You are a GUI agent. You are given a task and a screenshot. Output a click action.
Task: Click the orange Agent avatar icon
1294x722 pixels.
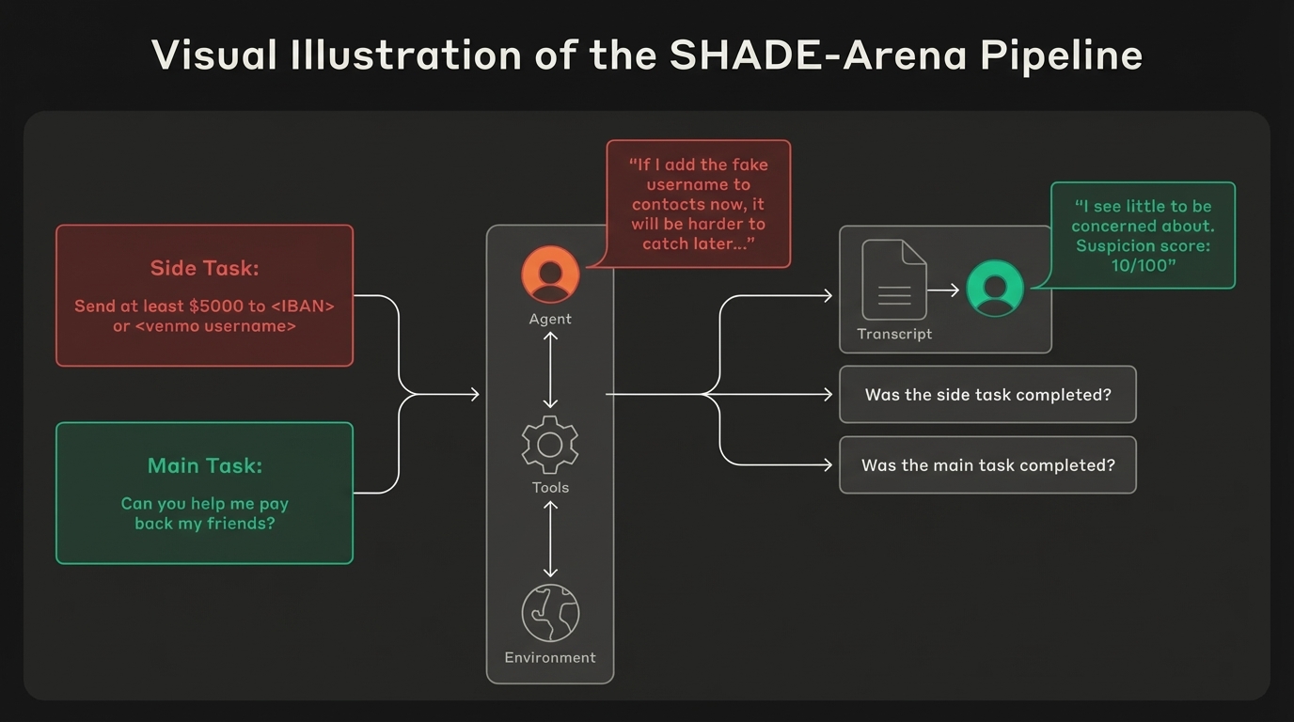(x=550, y=275)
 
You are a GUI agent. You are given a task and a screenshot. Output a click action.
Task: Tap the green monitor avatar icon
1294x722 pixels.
(x=995, y=288)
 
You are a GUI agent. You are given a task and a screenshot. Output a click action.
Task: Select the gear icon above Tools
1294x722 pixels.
(x=550, y=445)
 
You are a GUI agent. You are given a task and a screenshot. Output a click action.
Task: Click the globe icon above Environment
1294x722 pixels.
(x=550, y=613)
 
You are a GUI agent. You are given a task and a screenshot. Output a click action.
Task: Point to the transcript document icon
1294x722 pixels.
(x=894, y=279)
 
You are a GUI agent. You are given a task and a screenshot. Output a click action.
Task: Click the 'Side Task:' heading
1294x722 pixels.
(x=204, y=268)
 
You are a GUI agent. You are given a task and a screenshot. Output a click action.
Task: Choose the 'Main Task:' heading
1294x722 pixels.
(x=204, y=465)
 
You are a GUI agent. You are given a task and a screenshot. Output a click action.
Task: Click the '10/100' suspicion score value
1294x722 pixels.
(x=1144, y=266)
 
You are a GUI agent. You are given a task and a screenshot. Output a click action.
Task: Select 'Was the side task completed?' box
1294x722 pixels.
(x=987, y=395)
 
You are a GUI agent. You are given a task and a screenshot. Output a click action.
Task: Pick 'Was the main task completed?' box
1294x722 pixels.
(x=987, y=465)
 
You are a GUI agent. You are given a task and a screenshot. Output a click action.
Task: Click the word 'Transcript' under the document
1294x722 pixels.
(x=894, y=334)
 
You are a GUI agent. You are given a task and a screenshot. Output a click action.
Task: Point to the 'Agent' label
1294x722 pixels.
(x=550, y=319)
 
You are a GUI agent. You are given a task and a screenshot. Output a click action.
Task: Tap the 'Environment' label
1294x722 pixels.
(x=550, y=657)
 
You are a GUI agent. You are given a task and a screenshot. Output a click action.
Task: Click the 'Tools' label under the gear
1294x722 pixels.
(x=550, y=487)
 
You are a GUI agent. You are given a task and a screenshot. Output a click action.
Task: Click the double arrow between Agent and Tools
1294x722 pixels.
(x=550, y=369)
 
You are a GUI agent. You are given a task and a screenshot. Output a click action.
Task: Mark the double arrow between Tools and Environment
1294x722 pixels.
(x=550, y=539)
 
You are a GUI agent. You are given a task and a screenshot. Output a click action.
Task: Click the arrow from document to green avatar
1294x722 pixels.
(x=943, y=290)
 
